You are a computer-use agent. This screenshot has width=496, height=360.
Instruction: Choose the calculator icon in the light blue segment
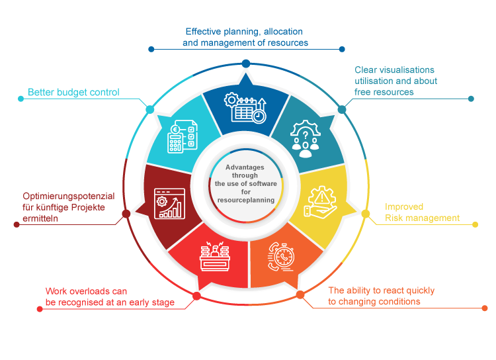pos(181,138)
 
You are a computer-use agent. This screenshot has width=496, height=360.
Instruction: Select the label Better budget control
pos(73,93)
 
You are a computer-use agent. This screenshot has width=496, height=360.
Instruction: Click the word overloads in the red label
pos(89,291)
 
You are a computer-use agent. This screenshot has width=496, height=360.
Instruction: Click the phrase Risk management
pos(423,218)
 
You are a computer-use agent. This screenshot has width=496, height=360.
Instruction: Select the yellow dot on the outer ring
pos(366,213)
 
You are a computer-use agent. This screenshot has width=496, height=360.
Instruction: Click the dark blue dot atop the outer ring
pos(245,63)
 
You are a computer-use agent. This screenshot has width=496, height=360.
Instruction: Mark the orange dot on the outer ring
pos(300,294)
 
